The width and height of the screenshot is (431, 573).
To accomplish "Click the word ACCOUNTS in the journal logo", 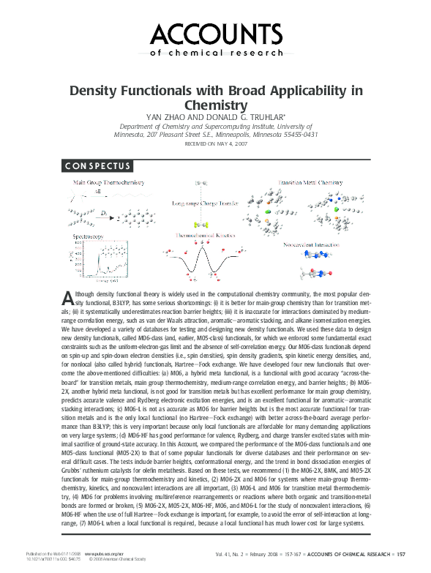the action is [x=215, y=33].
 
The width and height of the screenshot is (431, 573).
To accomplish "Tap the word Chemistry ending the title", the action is [x=215, y=106].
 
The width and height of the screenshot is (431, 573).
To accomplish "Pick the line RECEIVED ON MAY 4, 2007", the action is [x=215, y=145].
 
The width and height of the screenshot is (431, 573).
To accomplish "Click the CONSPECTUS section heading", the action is [x=97, y=166].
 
